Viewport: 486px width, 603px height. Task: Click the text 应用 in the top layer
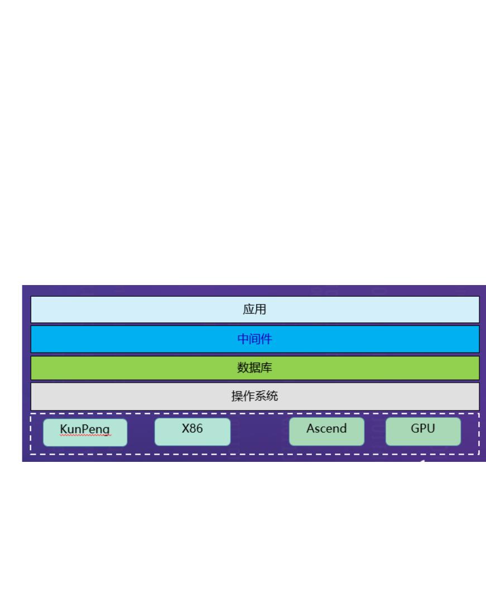point(254,310)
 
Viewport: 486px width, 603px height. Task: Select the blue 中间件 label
point(254,339)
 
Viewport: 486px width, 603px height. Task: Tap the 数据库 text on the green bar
point(254,368)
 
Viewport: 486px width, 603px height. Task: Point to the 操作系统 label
point(254,397)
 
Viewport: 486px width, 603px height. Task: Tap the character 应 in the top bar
point(249,310)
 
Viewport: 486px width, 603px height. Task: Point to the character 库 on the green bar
point(266,368)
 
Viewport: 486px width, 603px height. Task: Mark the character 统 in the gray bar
point(272,397)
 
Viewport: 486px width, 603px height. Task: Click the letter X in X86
point(185,429)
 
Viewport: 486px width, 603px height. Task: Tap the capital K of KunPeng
point(63,429)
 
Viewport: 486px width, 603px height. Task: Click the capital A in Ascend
point(310,429)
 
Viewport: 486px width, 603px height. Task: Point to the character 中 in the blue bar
point(243,339)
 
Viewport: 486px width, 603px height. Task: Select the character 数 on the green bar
point(243,368)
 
